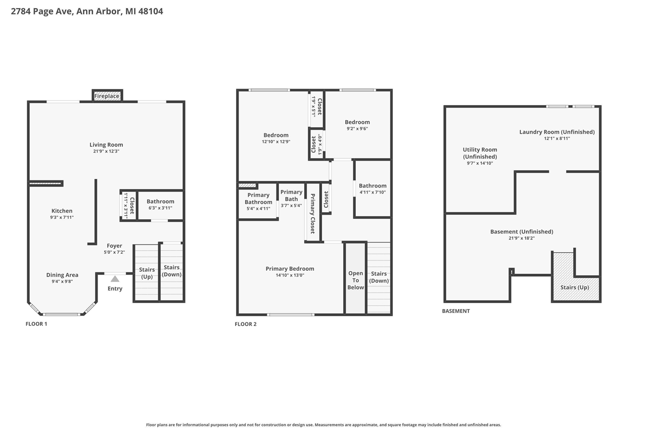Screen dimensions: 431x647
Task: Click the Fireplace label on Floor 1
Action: tap(107, 96)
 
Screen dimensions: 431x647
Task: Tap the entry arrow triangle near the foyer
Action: tap(115, 278)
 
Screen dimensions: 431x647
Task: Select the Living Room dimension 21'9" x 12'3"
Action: tap(106, 151)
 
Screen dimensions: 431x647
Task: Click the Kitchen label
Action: tap(62, 211)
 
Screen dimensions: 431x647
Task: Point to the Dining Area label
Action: tap(62, 275)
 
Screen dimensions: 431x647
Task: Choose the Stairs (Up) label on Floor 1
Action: tap(147, 273)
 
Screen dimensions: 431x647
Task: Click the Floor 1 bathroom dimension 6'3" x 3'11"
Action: tap(160, 208)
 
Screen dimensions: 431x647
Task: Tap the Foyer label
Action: tap(114, 246)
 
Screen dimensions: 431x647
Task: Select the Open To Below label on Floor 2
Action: tap(355, 280)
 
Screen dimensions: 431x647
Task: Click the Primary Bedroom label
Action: tap(290, 269)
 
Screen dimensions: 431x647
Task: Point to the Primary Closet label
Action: tap(312, 214)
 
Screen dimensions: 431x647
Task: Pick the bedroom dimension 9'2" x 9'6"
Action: tap(357, 128)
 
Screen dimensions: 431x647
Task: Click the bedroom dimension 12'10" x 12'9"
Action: tap(275, 141)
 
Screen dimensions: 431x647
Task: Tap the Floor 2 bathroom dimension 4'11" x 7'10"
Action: tap(373, 192)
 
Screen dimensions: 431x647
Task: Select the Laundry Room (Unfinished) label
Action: tap(557, 132)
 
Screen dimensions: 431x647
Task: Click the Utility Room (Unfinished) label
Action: tap(480, 153)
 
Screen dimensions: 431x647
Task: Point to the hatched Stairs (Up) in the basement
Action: tap(575, 287)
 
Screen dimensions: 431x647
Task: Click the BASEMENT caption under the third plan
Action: tap(455, 311)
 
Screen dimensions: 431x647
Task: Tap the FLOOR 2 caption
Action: tap(245, 324)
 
